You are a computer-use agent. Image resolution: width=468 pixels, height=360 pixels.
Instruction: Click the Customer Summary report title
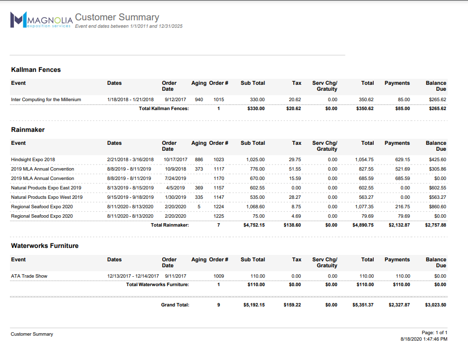pyautogui.click(x=117, y=17)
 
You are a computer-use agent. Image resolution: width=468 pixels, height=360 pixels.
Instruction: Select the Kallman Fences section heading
pyautogui.click(x=36, y=70)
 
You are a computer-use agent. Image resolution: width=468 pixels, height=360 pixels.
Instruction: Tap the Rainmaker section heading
pyautogui.click(x=28, y=130)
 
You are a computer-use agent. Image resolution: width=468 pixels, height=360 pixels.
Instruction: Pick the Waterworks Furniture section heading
pyautogui.click(x=45, y=246)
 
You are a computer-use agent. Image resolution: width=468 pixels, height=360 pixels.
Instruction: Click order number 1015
pyautogui.click(x=219, y=100)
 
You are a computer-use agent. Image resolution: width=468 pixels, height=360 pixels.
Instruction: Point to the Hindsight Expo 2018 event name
pyautogui.click(x=33, y=160)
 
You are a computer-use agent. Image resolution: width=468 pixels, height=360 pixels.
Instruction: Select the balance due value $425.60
pyautogui.click(x=437, y=160)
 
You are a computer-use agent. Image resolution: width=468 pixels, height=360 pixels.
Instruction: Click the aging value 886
pyautogui.click(x=199, y=160)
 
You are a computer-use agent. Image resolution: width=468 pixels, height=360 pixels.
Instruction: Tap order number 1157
pyautogui.click(x=219, y=188)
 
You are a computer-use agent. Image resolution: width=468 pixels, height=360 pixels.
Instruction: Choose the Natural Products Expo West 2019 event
pyautogui.click(x=47, y=197)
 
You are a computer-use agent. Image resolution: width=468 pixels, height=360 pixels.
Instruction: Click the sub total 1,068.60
pyautogui.click(x=255, y=207)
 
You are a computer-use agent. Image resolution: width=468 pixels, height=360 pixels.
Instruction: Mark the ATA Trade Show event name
pyautogui.click(x=29, y=276)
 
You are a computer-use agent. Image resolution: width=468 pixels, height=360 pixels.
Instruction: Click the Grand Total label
pyautogui.click(x=175, y=305)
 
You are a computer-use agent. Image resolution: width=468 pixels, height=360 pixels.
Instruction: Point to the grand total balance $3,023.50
pyautogui.click(x=435, y=305)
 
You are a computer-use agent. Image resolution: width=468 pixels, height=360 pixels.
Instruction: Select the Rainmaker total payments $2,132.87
pyautogui.click(x=399, y=225)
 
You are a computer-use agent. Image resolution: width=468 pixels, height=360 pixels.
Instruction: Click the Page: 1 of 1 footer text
pyautogui.click(x=434, y=333)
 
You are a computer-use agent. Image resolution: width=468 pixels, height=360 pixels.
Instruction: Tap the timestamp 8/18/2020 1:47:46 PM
pyautogui.click(x=424, y=339)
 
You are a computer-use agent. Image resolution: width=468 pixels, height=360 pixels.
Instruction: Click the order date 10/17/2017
pyautogui.click(x=175, y=160)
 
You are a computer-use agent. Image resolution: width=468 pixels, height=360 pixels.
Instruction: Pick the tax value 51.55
pyautogui.click(x=295, y=169)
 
